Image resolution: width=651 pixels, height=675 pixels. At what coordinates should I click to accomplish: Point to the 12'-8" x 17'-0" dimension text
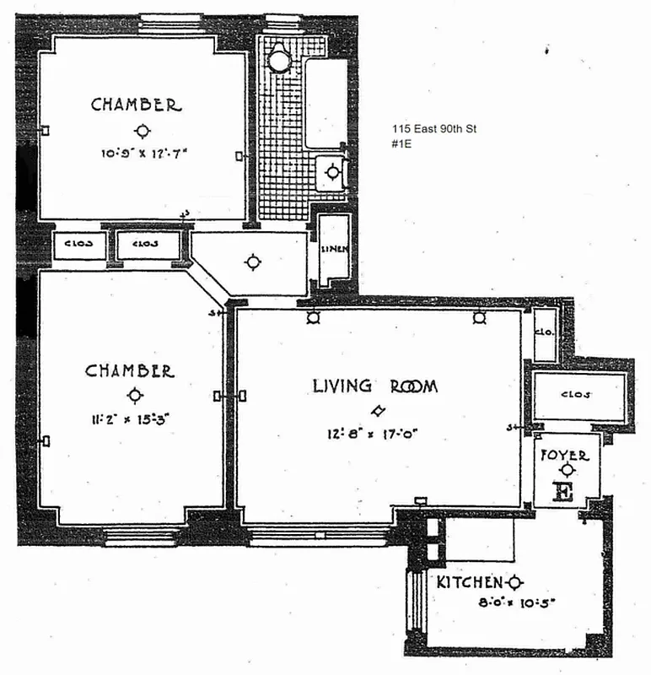374,435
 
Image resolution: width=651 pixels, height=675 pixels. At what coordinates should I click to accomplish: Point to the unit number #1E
400,143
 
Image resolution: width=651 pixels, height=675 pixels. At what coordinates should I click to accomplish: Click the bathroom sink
333,173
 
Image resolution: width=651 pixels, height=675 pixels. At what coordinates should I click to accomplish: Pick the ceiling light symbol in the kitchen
515,581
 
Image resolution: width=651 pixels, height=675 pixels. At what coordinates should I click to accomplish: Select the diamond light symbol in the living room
379,411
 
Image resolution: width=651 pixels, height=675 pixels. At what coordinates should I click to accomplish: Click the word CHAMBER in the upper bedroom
136,105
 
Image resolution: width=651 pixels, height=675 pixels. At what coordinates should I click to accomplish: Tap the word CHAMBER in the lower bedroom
130,371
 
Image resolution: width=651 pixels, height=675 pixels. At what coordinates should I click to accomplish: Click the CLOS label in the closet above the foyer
575,394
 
